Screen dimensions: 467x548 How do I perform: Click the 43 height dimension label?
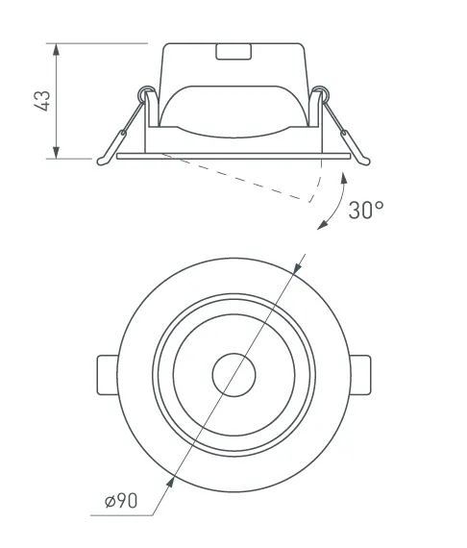click(x=43, y=101)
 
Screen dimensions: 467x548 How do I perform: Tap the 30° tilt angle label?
click(x=366, y=210)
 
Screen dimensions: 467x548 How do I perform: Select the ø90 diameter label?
click(x=121, y=501)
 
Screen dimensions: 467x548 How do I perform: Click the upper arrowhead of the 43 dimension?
click(x=56, y=49)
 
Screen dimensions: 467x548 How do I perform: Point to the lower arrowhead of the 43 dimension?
click(x=56, y=153)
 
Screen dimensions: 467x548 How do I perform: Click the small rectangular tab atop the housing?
click(x=233, y=52)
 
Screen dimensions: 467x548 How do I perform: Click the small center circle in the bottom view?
click(x=234, y=375)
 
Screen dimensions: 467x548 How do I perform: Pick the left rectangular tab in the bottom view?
click(x=107, y=375)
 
